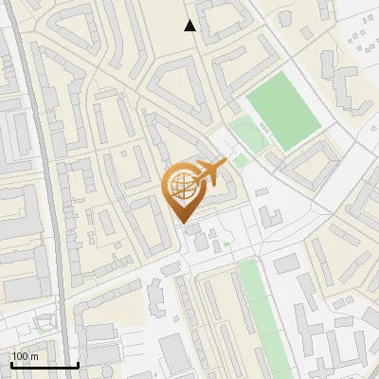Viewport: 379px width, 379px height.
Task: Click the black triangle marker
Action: pyautogui.click(x=190, y=27)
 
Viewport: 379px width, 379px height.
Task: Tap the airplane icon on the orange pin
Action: pyautogui.click(x=207, y=172)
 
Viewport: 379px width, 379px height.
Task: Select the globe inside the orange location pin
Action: pyautogui.click(x=182, y=186)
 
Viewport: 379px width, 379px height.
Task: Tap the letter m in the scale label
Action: pyautogui.click(x=34, y=356)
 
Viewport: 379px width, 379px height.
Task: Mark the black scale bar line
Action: pyautogui.click(x=44, y=365)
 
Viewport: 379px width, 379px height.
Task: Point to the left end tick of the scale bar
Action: pyautogui.click(x=10, y=363)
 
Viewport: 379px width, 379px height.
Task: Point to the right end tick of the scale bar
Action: pyautogui.click(x=78, y=363)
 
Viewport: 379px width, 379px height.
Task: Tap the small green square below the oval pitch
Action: pyautogui.click(x=241, y=160)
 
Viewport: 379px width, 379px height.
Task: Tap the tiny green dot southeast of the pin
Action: pyautogui.click(x=227, y=244)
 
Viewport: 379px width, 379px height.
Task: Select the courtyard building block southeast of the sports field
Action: pyautogui.click(x=309, y=165)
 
